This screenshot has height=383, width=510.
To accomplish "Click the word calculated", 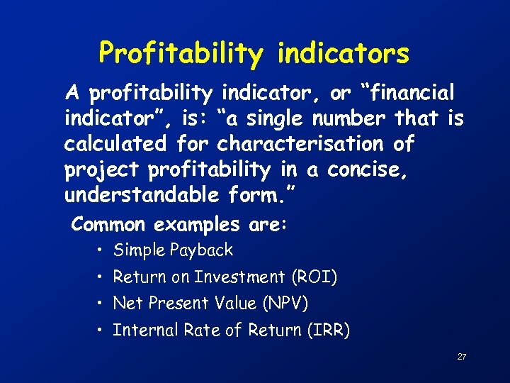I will tap(114, 144).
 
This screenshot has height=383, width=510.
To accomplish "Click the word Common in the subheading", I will tap(108, 226).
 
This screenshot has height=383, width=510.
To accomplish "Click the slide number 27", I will tap(461, 357).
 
